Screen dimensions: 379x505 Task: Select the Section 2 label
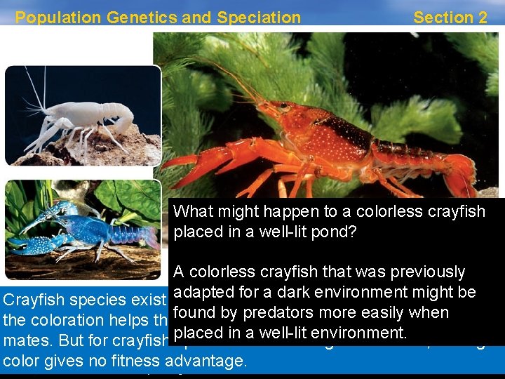tap(450, 18)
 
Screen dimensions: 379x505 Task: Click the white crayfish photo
tap(83, 115)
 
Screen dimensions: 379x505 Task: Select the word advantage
tap(210, 362)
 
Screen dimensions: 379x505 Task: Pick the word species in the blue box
tap(96, 300)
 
